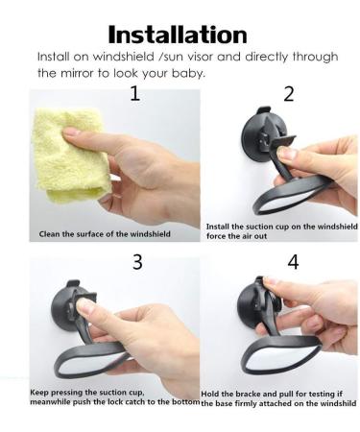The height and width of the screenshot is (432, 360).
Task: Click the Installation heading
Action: [x=180, y=35]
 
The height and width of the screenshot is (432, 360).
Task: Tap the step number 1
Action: [x=134, y=93]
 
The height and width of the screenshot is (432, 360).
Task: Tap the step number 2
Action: [x=289, y=93]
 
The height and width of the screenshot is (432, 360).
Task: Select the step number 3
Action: [x=137, y=262]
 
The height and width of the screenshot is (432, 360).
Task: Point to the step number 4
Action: [x=293, y=262]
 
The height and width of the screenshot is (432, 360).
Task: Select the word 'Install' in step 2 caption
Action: [x=222, y=227]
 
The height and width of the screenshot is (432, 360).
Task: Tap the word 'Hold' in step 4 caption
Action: [x=213, y=394]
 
